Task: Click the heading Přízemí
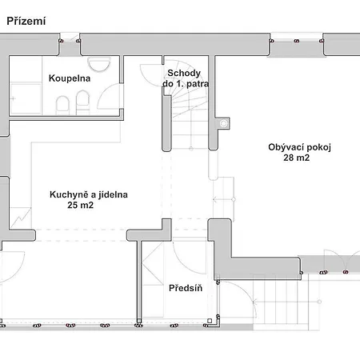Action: click(x=26, y=22)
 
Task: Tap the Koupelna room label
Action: click(x=70, y=78)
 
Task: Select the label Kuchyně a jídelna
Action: click(x=89, y=194)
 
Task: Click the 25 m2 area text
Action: click(x=80, y=205)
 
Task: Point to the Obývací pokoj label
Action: click(x=299, y=147)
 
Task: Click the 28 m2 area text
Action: click(x=297, y=158)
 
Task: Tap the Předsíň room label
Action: click(x=186, y=288)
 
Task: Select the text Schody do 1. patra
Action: click(x=186, y=78)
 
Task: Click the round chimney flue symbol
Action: click(x=223, y=123)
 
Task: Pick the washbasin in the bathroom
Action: click(x=98, y=64)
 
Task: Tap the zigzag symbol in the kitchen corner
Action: click(x=21, y=218)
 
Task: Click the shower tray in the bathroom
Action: click(x=26, y=98)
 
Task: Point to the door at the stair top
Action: click(x=151, y=75)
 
